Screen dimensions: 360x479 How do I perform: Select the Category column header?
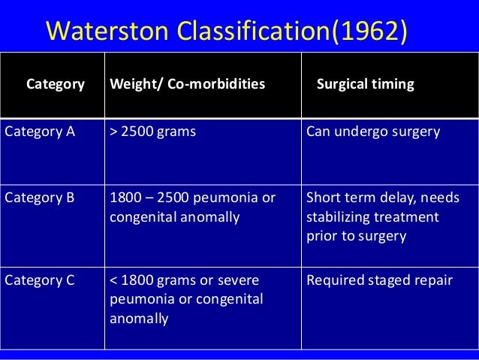point(56,84)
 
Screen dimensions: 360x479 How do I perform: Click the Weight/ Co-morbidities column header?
point(187,84)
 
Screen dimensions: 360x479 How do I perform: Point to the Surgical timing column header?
point(366,84)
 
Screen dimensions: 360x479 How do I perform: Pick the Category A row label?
point(41,132)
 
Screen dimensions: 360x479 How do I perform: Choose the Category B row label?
point(41,198)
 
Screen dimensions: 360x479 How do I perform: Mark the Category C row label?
point(41,280)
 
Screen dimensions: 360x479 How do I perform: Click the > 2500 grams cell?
point(152,132)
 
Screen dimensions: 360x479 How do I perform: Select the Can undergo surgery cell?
point(373,132)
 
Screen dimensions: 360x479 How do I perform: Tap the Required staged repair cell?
point(379,280)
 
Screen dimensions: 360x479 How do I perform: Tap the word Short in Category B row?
point(323,198)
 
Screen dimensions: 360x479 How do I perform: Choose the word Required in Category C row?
point(333,280)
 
